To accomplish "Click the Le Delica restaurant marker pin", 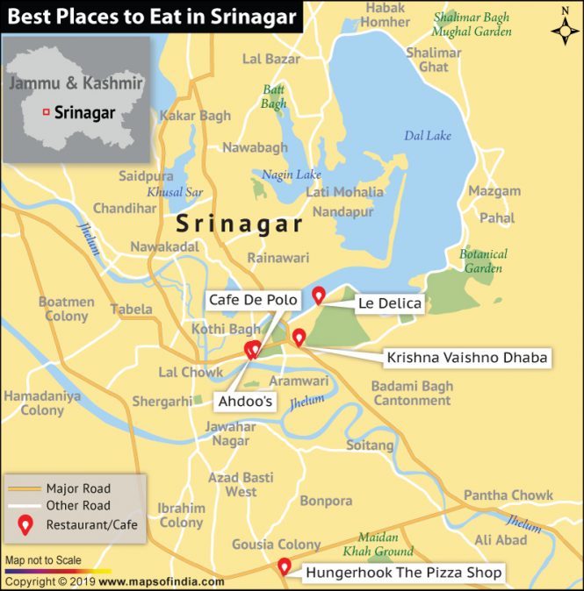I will point(319,295).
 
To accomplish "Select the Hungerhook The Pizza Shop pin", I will point(285,566).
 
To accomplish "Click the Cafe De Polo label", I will point(252,300).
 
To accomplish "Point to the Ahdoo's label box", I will point(245,402).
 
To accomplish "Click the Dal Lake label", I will point(427,136).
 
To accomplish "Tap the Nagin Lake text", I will point(292,174).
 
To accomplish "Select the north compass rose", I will point(564,29).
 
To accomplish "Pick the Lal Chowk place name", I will point(191,372).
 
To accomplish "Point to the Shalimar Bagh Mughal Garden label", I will point(472,25).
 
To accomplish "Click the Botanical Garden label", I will point(483,261).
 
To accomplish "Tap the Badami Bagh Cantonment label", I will point(412,393).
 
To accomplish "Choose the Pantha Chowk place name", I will point(508,495).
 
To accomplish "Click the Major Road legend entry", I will point(78,488).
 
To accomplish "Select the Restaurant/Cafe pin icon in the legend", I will point(26,524).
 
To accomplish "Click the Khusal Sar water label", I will point(175,191).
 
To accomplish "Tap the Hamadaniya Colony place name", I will point(42,402).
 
